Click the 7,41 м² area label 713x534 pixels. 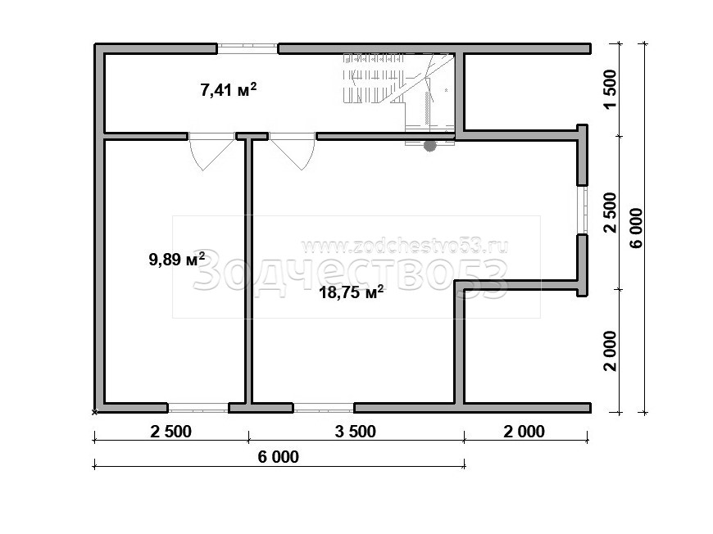pos(229,89)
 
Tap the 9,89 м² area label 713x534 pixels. pos(177,259)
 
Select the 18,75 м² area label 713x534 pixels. pos(351,292)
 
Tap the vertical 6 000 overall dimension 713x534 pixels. pos(636,228)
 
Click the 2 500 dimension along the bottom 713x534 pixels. pos(171,432)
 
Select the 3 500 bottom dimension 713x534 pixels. pos(356,432)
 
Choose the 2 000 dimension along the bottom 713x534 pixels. pos(525,432)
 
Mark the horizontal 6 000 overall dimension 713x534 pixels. pos(279,457)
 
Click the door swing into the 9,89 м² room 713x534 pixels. pos(211,152)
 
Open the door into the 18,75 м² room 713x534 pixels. pos(293,152)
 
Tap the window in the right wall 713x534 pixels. pos(583,210)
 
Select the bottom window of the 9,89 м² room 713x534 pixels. pos(198,408)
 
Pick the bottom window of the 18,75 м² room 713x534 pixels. pos(324,408)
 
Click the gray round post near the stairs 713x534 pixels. pos(429,146)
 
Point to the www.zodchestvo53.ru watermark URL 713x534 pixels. pos(404,246)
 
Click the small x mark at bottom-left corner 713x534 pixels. pos(94,412)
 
